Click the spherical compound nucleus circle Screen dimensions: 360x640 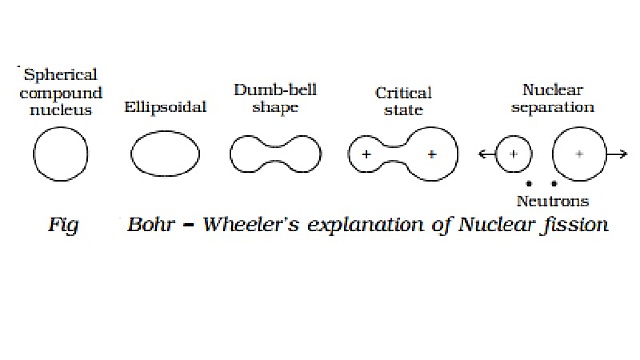pyautogui.click(x=60, y=154)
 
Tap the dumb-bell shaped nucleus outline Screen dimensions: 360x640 pyautogui.click(x=275, y=155)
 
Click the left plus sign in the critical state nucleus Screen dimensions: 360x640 pyautogui.click(x=366, y=154)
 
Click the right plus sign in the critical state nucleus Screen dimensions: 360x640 pyautogui.click(x=432, y=154)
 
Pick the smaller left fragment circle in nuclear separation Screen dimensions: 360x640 pyautogui.click(x=513, y=154)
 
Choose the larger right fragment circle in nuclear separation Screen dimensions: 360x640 pyautogui.click(x=579, y=154)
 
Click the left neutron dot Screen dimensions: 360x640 pyautogui.click(x=527, y=184)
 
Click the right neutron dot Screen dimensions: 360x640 pyautogui.click(x=553, y=184)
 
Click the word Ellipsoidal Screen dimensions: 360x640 pyautogui.click(x=165, y=105)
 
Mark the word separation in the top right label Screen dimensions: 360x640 pyautogui.click(x=565, y=105)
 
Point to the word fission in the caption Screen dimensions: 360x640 pyautogui.click(x=574, y=224)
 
